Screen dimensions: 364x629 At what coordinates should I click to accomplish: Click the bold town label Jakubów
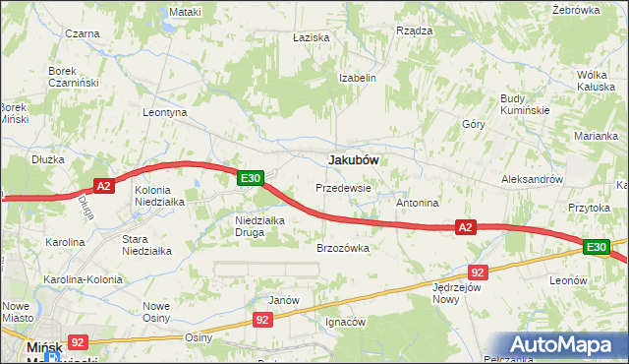click(x=354, y=158)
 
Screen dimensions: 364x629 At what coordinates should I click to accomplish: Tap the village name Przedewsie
click(x=343, y=187)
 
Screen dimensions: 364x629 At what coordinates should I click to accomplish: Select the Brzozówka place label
click(x=342, y=248)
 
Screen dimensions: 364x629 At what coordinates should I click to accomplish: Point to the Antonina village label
click(x=417, y=203)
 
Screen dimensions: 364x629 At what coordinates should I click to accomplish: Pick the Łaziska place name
click(x=311, y=36)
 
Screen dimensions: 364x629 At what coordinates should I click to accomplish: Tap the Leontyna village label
click(x=164, y=113)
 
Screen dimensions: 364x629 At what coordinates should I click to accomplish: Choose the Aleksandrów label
click(x=532, y=180)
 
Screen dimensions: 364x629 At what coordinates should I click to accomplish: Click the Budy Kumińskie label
click(x=524, y=104)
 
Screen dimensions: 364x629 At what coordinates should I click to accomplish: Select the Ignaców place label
click(x=345, y=322)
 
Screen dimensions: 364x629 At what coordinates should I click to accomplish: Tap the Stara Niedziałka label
click(x=146, y=244)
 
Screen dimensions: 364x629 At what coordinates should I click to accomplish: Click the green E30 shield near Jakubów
click(x=251, y=178)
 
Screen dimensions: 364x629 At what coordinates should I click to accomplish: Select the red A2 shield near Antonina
click(x=466, y=227)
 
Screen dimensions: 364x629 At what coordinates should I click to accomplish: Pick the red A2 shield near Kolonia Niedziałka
click(x=105, y=184)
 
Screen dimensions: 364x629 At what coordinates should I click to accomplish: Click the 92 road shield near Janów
click(x=262, y=320)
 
